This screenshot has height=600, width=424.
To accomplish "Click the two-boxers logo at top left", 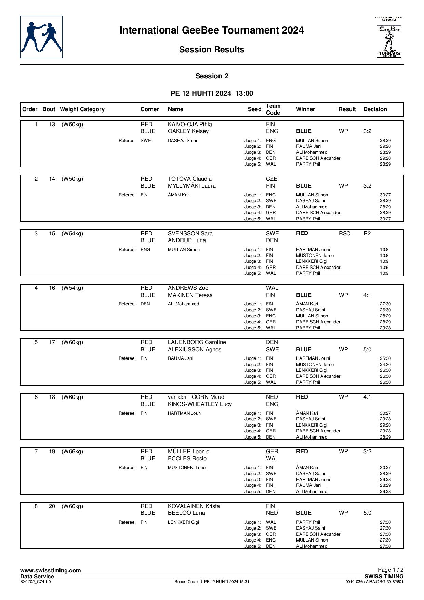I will pyautogui.click(x=41, y=37).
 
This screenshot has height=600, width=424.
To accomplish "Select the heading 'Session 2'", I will pyautogui.click(x=212, y=76).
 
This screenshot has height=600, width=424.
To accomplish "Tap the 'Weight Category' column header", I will pyautogui.click(x=82, y=109).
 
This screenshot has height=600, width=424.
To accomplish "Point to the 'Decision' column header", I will pyautogui.click(x=375, y=109).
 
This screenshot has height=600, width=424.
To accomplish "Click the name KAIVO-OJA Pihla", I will pyautogui.click(x=190, y=125).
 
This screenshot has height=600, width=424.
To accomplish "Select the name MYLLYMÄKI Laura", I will pyautogui.click(x=191, y=186).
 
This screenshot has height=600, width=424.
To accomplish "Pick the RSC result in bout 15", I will pyautogui.click(x=344, y=234).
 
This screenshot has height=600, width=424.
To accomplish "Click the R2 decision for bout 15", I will pyautogui.click(x=367, y=234).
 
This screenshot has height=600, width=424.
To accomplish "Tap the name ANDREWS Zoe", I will pyautogui.click(x=188, y=288).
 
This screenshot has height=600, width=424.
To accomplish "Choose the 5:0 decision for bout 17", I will pyautogui.click(x=367, y=350).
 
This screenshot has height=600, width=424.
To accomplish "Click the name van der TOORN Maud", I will pyautogui.click(x=196, y=397).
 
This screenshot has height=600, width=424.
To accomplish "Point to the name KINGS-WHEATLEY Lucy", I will pyautogui.click(x=200, y=404).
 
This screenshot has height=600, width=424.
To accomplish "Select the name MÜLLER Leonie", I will pyautogui.click(x=188, y=452).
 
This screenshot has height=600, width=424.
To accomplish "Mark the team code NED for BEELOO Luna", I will pyautogui.click(x=272, y=513).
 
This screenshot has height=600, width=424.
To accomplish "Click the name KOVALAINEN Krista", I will pyautogui.click(x=194, y=506).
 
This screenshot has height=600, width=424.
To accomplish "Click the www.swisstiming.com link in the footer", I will pyautogui.click(x=51, y=570).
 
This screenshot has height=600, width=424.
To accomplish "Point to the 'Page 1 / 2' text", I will pyautogui.click(x=390, y=570).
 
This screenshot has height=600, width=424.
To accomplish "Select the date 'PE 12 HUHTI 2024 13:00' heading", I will pyautogui.click(x=212, y=94).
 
